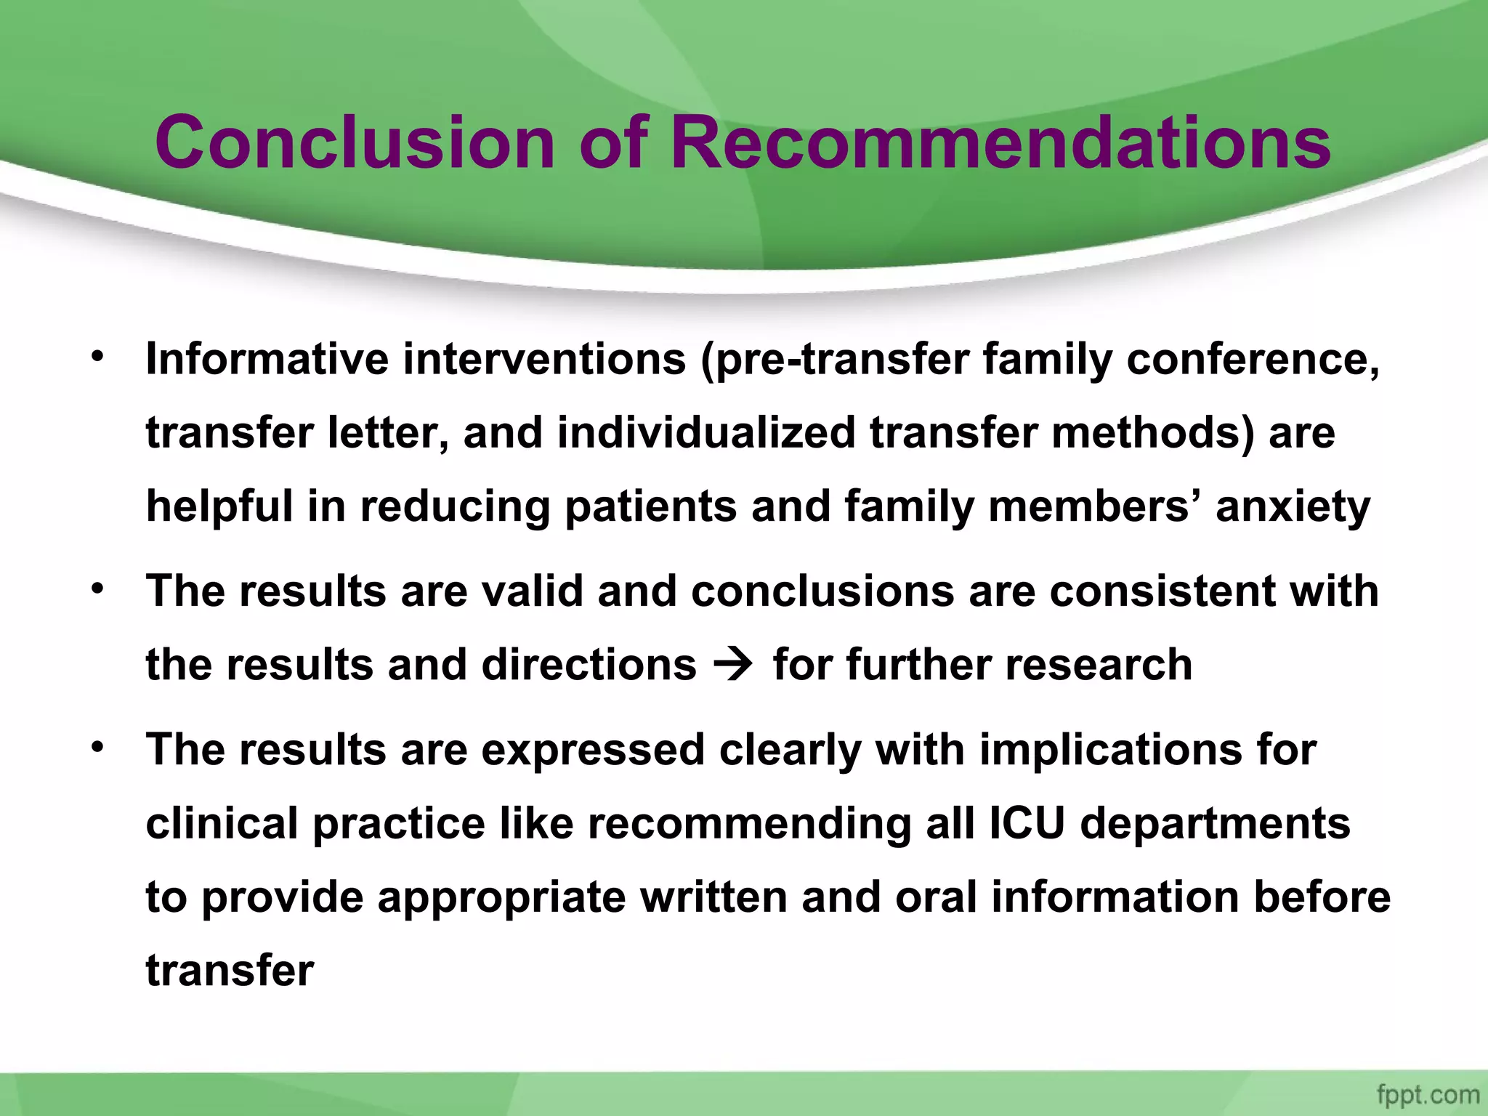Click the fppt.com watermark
[1428, 1094]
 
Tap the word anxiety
[1293, 506]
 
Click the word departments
[1215, 824]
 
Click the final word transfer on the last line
[230, 971]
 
